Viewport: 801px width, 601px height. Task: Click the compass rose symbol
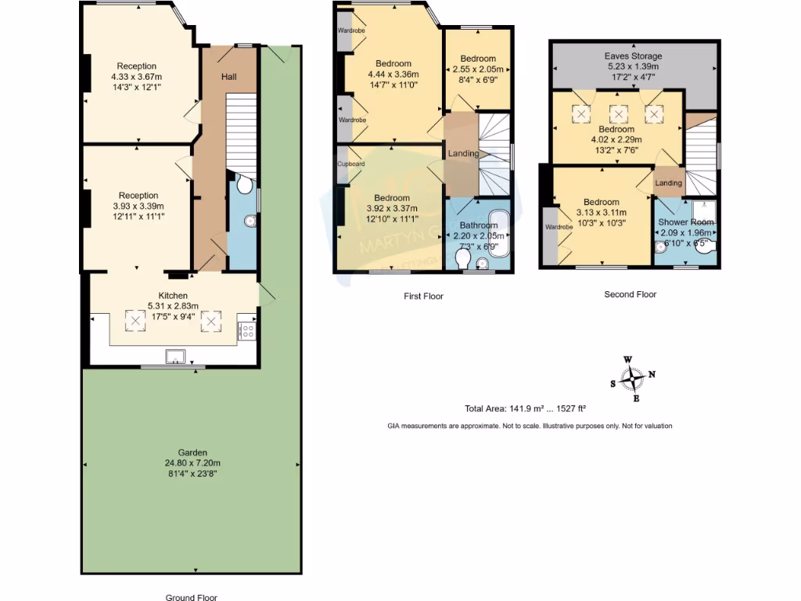[632, 380]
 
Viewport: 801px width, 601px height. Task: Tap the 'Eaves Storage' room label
[633, 56]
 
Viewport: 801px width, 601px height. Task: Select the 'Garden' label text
[192, 452]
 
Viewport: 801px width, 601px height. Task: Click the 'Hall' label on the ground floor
[228, 77]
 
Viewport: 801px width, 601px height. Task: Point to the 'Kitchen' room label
[173, 296]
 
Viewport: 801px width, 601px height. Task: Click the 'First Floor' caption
[422, 297]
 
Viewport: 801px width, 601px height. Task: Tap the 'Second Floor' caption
[630, 295]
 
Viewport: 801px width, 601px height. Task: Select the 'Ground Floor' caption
[191, 597]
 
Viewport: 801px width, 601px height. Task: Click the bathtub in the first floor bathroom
[497, 232]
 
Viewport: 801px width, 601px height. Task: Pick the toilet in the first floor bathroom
[463, 259]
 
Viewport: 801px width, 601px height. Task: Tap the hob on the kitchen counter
[246, 327]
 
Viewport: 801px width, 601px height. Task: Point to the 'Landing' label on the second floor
[668, 183]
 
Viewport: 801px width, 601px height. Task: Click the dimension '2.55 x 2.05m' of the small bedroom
[477, 69]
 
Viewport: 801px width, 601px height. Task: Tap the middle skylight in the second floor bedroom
[619, 114]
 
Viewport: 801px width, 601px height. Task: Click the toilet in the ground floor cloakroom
[243, 185]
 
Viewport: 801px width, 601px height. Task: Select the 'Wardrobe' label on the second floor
[559, 227]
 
